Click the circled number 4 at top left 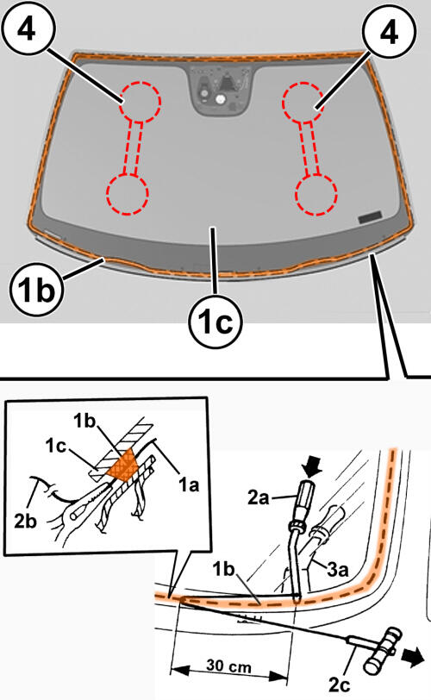coord(28,29)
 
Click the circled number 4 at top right coord(389,32)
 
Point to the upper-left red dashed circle coord(141,102)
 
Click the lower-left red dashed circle coord(128,194)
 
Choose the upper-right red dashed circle coord(303,103)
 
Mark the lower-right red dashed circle coord(316,195)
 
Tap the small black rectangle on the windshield coord(371,217)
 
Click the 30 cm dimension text coord(229,666)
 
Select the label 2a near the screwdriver coord(259,497)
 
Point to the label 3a coord(338,569)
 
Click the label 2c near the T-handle coord(340,684)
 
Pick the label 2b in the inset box coord(26,521)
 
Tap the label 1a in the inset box coord(189,484)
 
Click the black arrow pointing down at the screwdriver coord(312,467)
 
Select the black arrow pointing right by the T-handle coord(413,657)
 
